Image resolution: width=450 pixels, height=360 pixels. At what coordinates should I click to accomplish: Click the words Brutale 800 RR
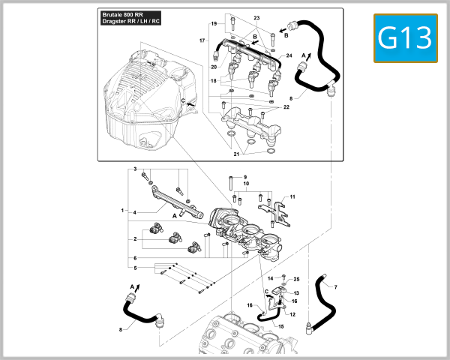(x=124, y=15)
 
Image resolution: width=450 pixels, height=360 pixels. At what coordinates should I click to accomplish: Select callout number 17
(x=202, y=39)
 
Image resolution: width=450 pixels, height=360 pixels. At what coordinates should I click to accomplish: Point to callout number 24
(x=289, y=56)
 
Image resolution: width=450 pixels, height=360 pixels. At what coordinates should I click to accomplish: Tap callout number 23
(x=256, y=16)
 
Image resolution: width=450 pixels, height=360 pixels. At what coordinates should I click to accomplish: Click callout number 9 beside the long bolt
(x=244, y=177)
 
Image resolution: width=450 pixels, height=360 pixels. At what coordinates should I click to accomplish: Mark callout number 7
(x=335, y=287)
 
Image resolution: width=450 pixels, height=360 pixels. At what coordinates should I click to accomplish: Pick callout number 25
(x=296, y=279)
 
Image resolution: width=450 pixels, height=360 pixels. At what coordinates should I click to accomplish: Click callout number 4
(x=135, y=212)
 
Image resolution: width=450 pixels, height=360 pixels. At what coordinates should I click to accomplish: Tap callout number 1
(x=121, y=211)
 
